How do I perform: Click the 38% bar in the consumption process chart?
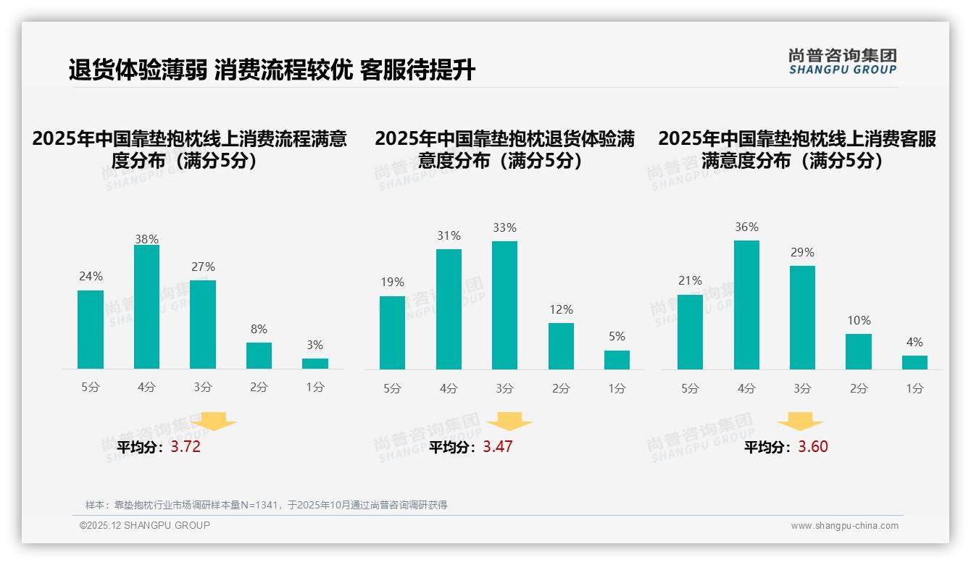pos(146,307)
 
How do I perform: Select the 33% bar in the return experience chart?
pos(504,305)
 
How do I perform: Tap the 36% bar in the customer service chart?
pos(746,305)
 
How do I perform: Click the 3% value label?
pos(314,346)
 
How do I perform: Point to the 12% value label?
pos(561,309)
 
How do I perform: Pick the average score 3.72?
pos(186,447)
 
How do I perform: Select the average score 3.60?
pos(813,447)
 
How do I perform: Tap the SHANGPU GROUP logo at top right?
pos(843,62)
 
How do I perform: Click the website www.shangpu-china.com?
pos(844,526)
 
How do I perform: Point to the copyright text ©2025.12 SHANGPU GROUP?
pos(145,525)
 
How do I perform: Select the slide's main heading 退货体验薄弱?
pos(272,70)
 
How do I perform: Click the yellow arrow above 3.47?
pos(510,422)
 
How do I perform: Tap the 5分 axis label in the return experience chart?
pos(392,388)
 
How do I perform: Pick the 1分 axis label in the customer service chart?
pos(914,388)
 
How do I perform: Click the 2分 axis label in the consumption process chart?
pos(259,388)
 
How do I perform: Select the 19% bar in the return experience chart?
pos(392,332)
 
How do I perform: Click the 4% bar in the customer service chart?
pos(914,362)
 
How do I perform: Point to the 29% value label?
pos(802,253)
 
